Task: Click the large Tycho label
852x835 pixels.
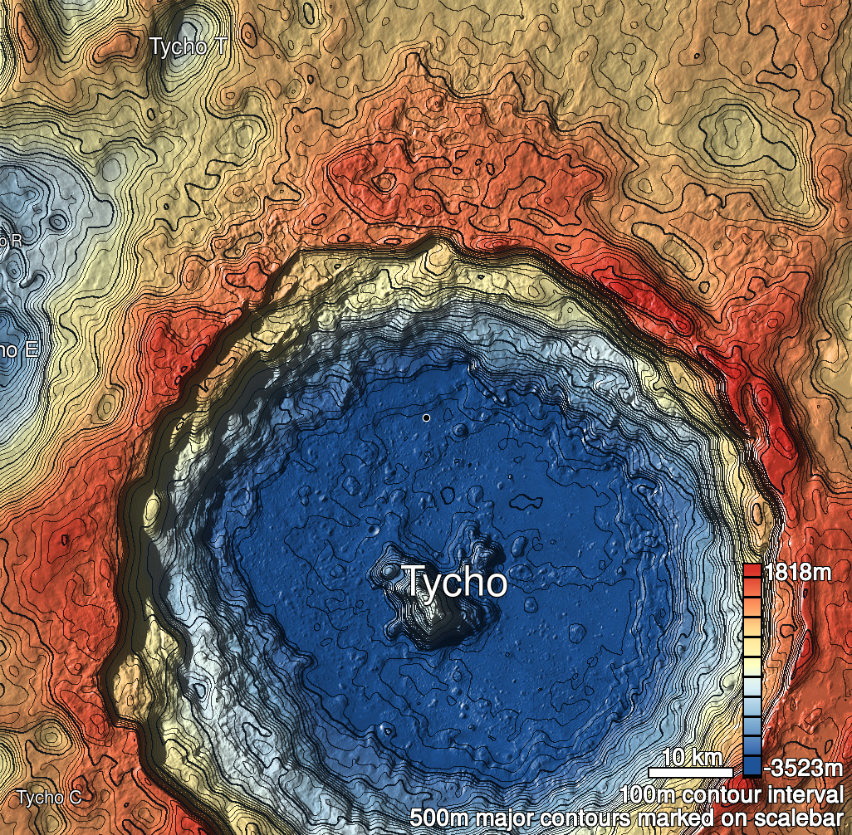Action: tap(454, 582)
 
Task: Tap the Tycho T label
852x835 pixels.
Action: tap(187, 46)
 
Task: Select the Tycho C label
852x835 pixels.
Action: tap(49, 798)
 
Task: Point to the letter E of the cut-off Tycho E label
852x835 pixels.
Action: tap(32, 349)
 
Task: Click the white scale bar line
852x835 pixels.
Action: tap(690, 772)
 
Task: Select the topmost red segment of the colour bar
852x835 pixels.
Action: tap(752, 571)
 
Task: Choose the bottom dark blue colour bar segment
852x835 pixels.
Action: tap(752, 766)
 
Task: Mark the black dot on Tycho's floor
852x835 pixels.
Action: tap(426, 417)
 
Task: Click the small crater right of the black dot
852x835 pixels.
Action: tap(460, 428)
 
